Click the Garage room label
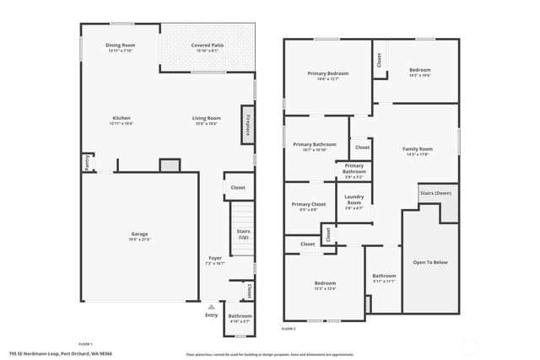(139, 234)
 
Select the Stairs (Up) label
(243, 233)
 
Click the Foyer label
(216, 258)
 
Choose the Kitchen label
(121, 117)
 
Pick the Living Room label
(206, 117)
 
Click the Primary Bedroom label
(327, 73)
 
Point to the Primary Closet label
(308, 204)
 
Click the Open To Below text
(429, 262)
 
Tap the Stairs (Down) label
(435, 193)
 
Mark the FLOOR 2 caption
(289, 327)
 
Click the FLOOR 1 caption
(85, 344)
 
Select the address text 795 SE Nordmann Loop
(38, 354)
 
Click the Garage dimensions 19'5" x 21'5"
(139, 239)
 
